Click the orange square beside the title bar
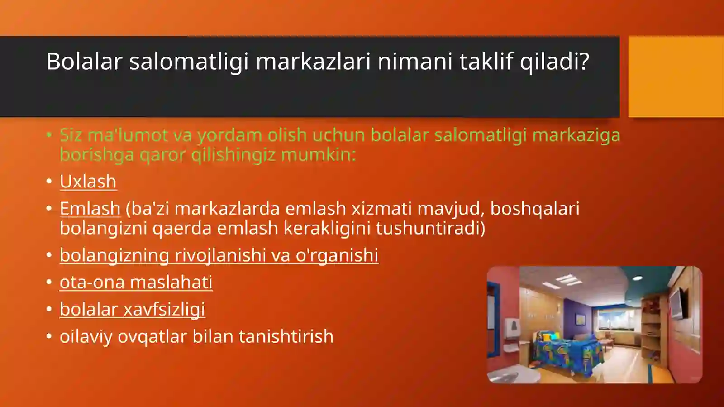coord(676,77)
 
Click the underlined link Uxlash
coord(88,182)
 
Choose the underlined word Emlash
coord(90,209)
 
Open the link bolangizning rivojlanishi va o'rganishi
coord(219,255)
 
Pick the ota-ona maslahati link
coord(136,283)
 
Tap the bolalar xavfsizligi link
coord(132,310)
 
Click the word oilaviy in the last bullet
coord(86,337)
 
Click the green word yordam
coord(229,135)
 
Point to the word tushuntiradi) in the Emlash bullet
coord(430,228)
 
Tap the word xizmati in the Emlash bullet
coord(381,209)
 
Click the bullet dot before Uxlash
coord(49,181)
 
